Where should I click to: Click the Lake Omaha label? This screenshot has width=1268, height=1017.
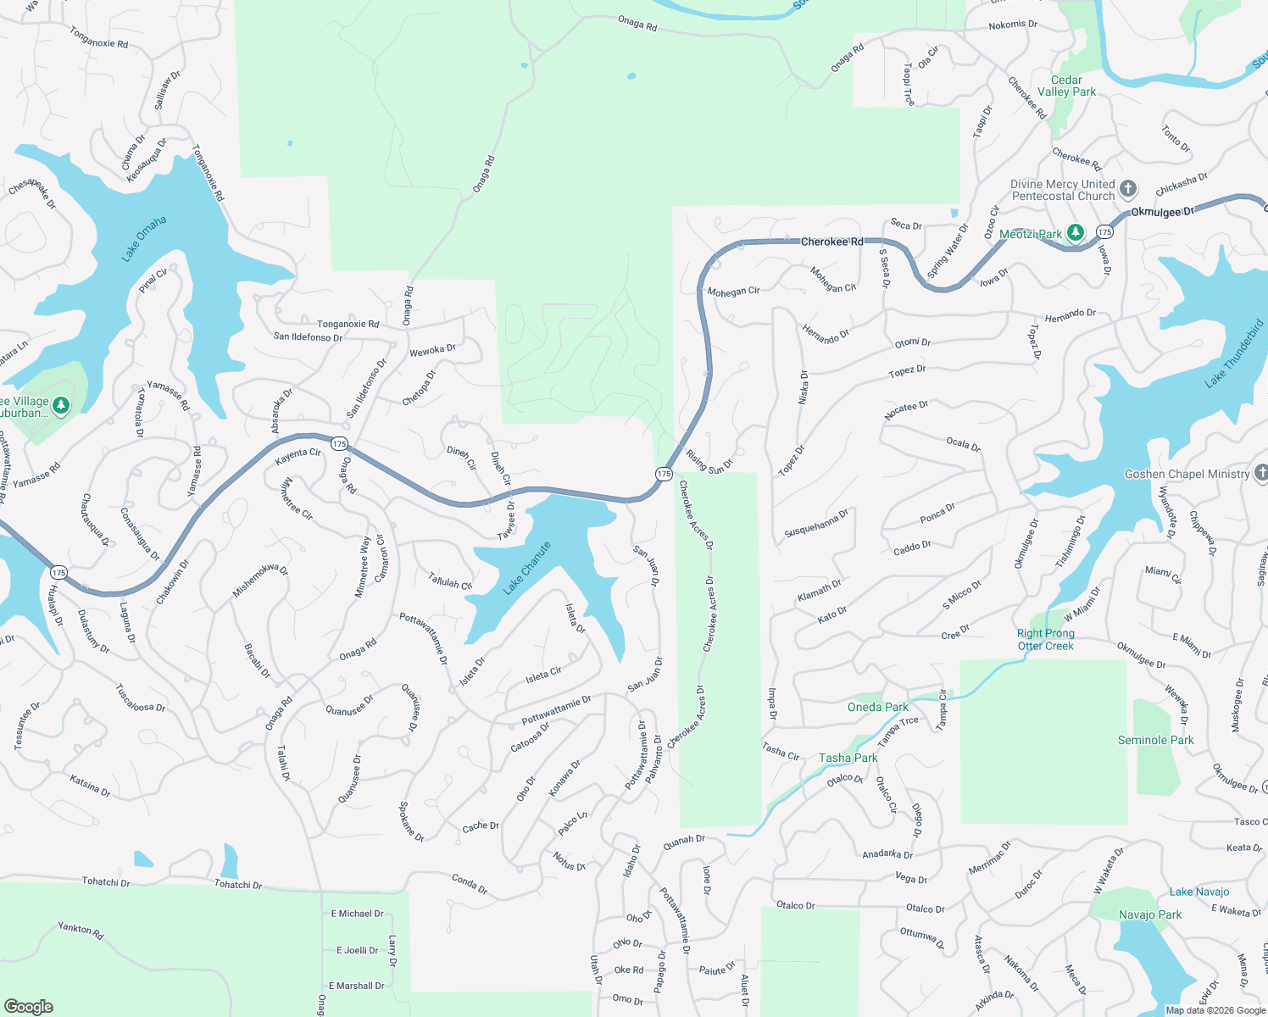pos(143,239)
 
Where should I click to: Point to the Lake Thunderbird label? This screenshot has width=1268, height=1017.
pos(1234,354)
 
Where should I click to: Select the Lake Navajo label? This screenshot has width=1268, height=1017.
pos(1198,892)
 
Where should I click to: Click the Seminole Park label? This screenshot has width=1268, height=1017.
pos(1155,741)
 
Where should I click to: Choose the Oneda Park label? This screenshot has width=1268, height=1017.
pos(877,707)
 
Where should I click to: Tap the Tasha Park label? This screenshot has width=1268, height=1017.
pos(848,758)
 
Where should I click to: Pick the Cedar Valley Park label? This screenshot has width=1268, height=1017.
pos(1066,86)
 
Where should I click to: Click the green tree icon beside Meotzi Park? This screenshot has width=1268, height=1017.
pos(1076,232)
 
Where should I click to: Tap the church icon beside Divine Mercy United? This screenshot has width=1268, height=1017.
pos(1128,188)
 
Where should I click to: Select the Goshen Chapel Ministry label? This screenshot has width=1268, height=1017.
pos(1187,474)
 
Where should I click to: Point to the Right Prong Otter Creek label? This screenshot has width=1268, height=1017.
pos(1045,640)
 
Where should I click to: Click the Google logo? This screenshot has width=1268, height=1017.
pos(28,1007)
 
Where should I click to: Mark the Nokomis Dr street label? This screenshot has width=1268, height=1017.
pos(1013,25)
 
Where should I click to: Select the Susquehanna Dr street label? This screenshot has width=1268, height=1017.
pos(816,523)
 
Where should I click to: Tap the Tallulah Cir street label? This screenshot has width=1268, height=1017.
pos(450,581)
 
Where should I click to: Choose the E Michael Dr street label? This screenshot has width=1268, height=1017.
pos(357,914)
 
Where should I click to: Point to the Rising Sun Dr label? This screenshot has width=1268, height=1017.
pos(709,461)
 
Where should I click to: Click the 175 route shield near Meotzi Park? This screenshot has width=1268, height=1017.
pos(1104,231)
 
